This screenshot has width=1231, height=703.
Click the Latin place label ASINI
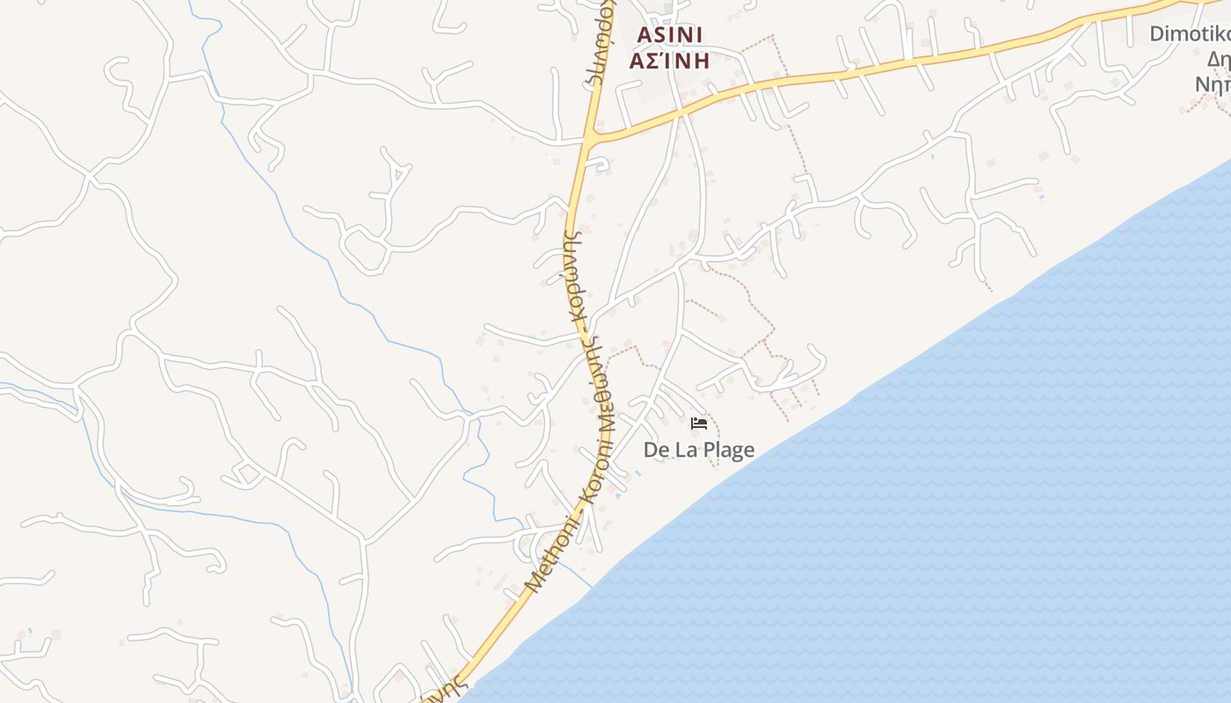[x=669, y=34]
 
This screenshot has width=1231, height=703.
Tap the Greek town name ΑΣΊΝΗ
[x=669, y=61]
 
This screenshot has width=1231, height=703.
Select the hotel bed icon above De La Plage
[x=699, y=424]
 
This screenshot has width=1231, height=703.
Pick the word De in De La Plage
[x=656, y=450]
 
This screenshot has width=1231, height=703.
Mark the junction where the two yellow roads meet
[x=590, y=139]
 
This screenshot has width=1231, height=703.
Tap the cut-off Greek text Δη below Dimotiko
[x=1218, y=60]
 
